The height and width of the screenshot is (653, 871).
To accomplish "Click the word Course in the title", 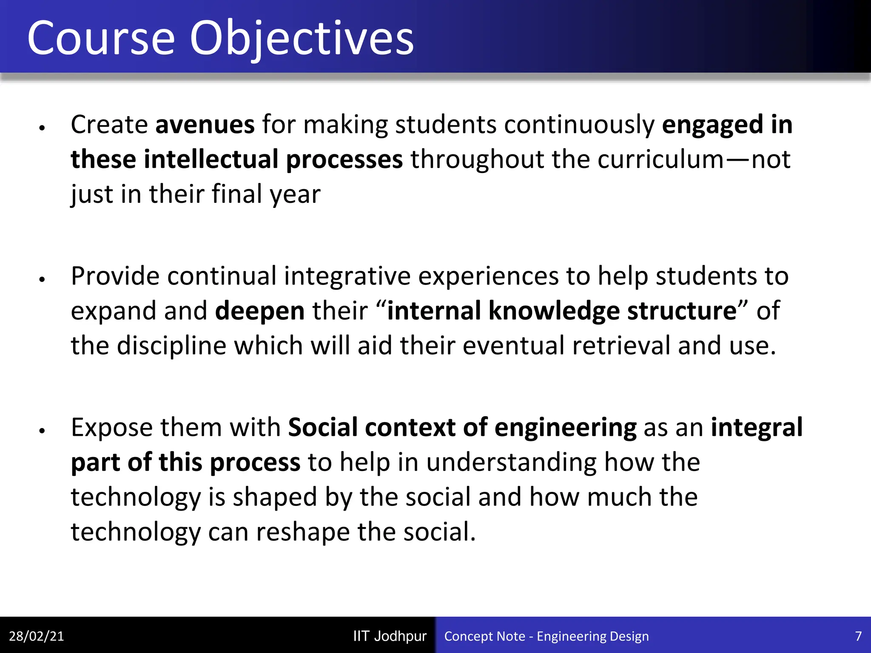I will (101, 39).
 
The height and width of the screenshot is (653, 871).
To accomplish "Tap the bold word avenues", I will (205, 125).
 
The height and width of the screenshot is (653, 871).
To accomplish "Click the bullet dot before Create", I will (42, 128).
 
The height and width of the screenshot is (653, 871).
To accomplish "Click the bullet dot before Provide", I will (42, 279).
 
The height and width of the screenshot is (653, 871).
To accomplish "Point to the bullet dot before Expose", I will (42, 431).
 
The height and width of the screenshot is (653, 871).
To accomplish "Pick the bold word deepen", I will (260, 311).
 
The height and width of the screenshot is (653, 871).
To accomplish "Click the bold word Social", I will (322, 427).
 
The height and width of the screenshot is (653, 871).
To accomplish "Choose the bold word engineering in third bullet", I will (565, 427).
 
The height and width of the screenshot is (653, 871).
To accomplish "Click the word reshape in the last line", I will (302, 532).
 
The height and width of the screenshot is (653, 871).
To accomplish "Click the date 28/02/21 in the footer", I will (36, 636).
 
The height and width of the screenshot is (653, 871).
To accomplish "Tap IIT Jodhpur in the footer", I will (390, 636).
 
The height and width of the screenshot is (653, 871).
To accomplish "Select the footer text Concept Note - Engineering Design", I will (546, 636).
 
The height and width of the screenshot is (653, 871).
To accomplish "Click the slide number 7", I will (858, 636).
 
